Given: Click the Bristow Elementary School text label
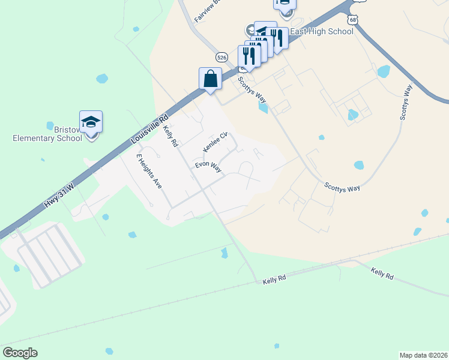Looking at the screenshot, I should coord(47,133).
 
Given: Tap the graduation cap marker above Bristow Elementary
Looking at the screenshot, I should coord(91,121).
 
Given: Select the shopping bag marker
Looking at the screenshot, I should coord(210,79).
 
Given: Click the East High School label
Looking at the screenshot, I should coord(322,31).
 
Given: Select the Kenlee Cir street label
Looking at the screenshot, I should coord(215,142).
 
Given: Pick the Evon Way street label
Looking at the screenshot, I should coord(208,167).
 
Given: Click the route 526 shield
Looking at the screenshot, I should coord(222,57).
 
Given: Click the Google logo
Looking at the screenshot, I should coord(20,352).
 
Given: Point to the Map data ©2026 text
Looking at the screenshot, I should coord(423,355).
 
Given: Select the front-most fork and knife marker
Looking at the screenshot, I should coord(249,56).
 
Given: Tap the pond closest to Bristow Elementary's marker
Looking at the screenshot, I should coord(102,79).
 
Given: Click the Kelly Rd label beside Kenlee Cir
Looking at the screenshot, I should coord(170,136).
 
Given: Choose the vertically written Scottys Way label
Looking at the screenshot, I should coord(406,103).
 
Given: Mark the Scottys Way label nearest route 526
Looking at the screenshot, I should coord(252,89).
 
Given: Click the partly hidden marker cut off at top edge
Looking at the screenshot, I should coord(285,3).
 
